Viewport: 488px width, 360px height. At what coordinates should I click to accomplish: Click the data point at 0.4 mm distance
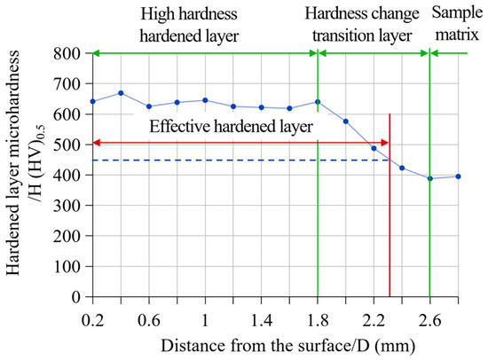pos(121,93)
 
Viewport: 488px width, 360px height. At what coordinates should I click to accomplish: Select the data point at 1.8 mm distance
pos(318,101)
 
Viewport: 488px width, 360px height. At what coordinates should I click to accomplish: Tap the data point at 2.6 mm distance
pos(430,178)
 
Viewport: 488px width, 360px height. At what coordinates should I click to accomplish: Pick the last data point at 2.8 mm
pos(458,176)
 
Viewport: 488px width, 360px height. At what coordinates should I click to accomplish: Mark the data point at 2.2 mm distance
pos(374,148)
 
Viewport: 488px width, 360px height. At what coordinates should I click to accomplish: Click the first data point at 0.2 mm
pos(92,101)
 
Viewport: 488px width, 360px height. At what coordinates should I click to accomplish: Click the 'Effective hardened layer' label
pos(231,127)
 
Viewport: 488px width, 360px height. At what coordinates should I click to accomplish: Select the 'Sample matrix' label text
pos(458,24)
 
